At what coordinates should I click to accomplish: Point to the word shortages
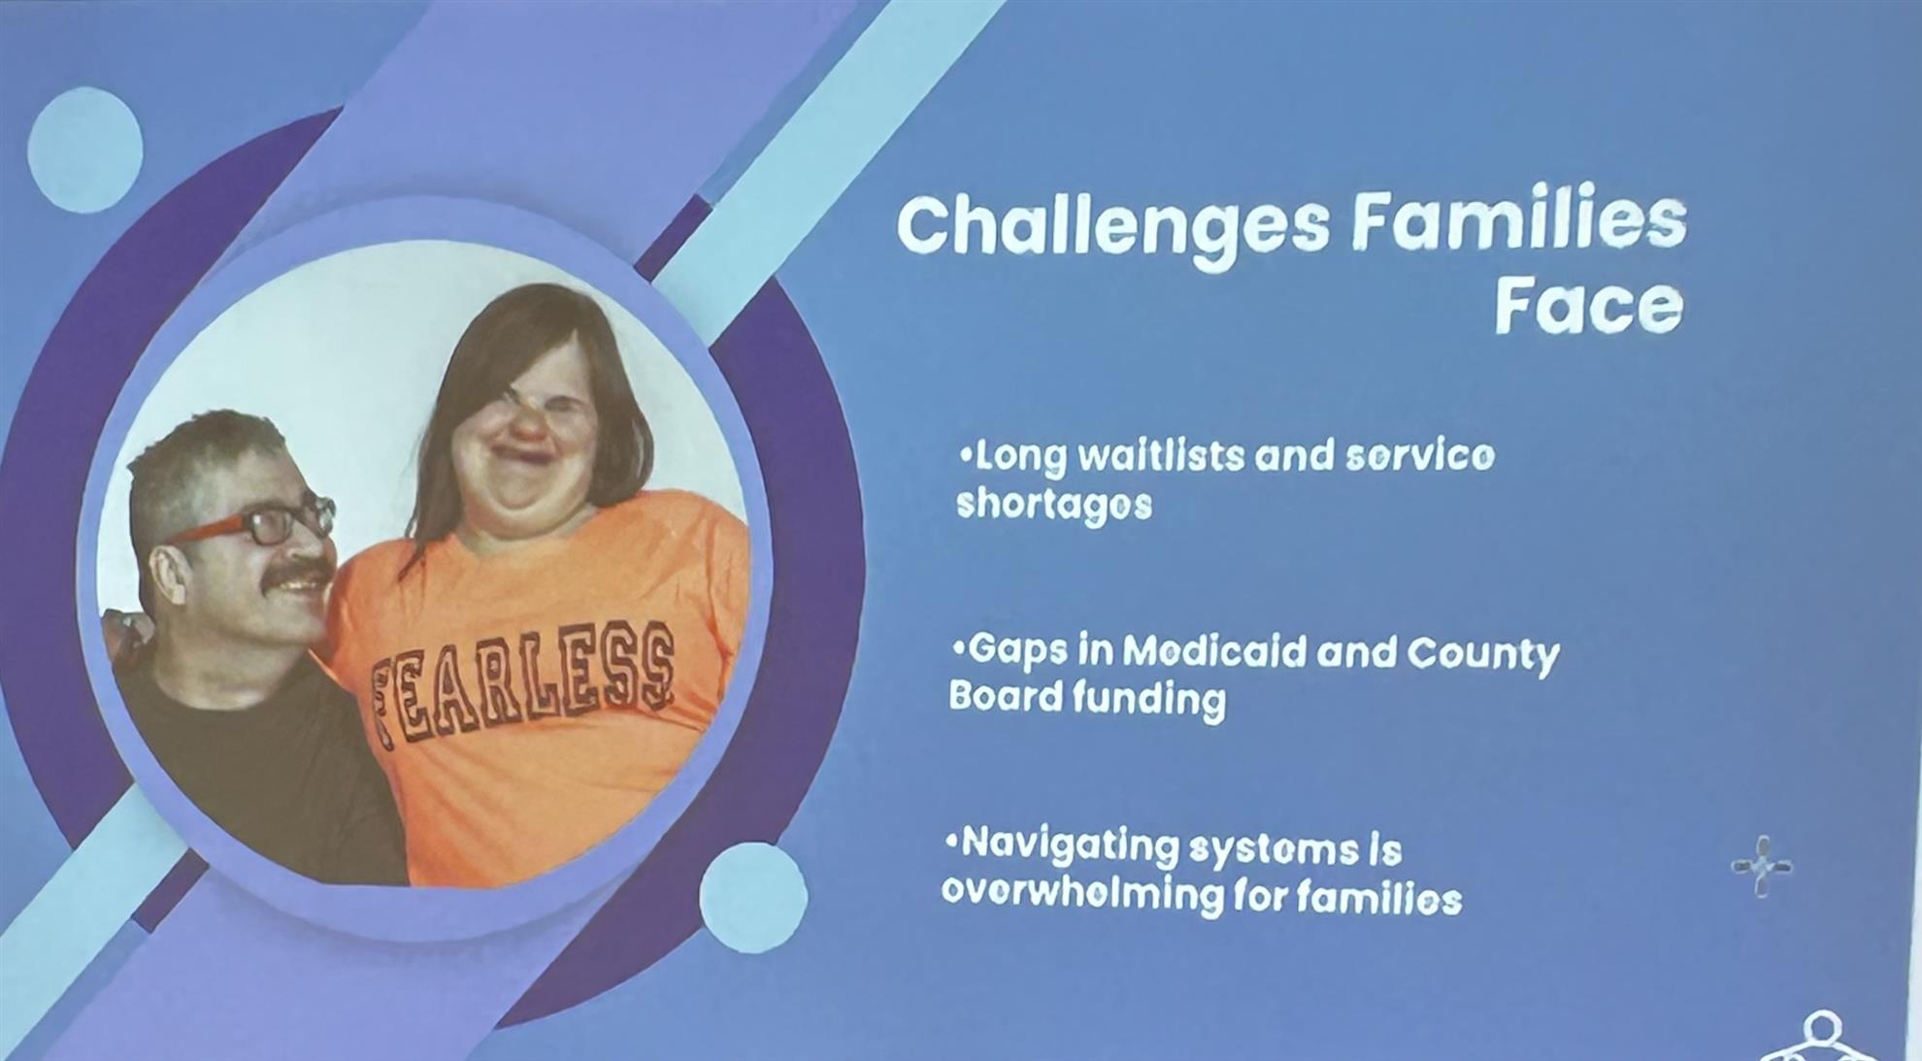[x=1054, y=505]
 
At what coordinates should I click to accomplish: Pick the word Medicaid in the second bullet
[x=1213, y=651]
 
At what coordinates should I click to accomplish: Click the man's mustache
[x=297, y=577]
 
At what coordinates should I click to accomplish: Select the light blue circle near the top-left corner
[x=85, y=149]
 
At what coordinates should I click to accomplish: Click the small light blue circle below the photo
[x=753, y=898]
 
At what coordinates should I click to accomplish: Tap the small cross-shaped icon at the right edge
[x=1762, y=866]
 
